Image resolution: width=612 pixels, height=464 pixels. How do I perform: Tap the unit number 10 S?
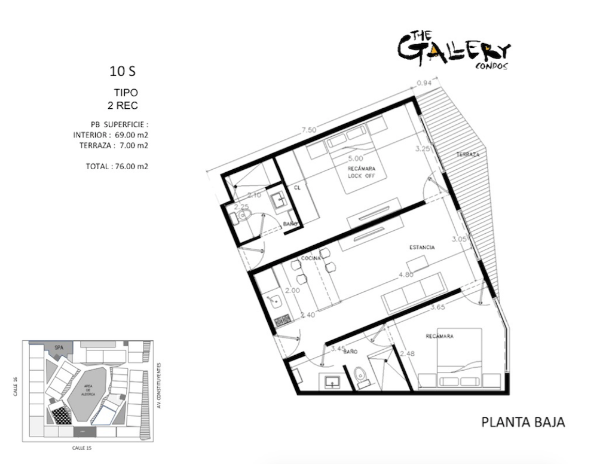pos(123,72)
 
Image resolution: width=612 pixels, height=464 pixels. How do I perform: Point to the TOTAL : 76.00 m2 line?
pos(117,166)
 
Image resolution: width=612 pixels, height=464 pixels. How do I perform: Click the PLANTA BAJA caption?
pos(523,423)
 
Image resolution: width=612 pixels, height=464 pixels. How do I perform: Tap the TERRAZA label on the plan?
pos(468,154)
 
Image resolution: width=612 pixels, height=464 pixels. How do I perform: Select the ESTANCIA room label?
pos(422,247)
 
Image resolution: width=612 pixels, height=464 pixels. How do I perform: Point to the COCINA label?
pos(311,258)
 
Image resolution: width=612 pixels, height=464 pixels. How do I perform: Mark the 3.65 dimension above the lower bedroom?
pos(439,308)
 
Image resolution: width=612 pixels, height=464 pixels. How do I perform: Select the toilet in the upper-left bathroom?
pos(242,216)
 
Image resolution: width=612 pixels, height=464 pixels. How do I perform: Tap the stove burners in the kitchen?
pos(281,321)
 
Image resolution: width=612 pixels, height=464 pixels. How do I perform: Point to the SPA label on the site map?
pos(59,347)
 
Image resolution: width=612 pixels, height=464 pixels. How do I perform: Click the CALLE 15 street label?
pos(82,447)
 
